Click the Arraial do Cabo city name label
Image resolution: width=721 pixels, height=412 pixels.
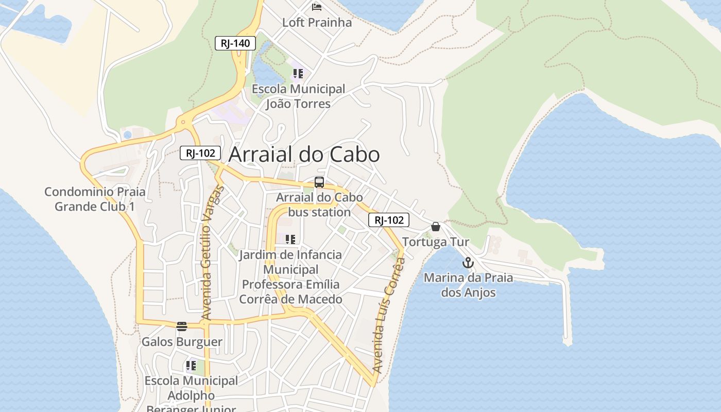[304, 154]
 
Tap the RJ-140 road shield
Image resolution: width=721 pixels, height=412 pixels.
[235, 43]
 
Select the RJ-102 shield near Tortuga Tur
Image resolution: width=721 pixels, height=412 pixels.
[389, 220]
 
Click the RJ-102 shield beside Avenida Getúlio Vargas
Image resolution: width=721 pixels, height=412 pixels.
[200, 153]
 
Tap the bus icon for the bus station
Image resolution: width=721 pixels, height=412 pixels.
[319, 182]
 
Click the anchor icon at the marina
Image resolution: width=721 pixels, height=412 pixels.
[468, 263]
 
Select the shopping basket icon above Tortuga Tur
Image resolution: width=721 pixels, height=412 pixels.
[436, 227]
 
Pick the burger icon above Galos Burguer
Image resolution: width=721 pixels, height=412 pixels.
[181, 327]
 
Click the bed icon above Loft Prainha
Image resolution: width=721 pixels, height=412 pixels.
[317, 7]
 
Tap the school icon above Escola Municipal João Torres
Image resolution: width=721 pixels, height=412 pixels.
[298, 74]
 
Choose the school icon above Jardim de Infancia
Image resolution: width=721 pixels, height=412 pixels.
[290, 239]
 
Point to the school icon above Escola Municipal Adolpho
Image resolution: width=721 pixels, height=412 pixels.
[191, 366]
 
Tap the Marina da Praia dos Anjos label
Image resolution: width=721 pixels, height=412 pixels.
[468, 285]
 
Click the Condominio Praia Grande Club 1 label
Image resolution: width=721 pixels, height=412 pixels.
[95, 199]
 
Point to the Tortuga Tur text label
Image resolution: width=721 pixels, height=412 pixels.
[436, 242]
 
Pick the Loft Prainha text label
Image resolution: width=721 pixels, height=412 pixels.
[317, 23]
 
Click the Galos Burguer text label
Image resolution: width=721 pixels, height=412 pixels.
[182, 342]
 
